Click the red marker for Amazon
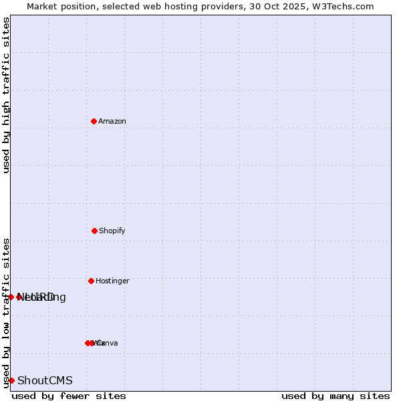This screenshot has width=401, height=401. click(94, 121)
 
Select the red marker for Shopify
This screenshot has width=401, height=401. click(94, 231)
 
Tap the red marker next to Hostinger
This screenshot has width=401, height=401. click(91, 281)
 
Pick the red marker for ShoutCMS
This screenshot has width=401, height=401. click(11, 380)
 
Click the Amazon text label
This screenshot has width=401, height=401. click(112, 121)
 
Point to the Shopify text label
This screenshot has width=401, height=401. click(112, 231)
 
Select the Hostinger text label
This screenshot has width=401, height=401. click(112, 281)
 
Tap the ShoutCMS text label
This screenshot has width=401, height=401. click(45, 380)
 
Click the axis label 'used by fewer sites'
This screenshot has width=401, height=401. click(69, 396)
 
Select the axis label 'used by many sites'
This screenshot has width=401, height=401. click(336, 396)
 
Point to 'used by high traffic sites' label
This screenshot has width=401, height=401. click(6, 95)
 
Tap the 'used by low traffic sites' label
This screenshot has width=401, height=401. click(6, 313)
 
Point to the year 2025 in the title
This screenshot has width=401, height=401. click(289, 6)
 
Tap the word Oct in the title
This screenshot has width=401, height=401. click(267, 6)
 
